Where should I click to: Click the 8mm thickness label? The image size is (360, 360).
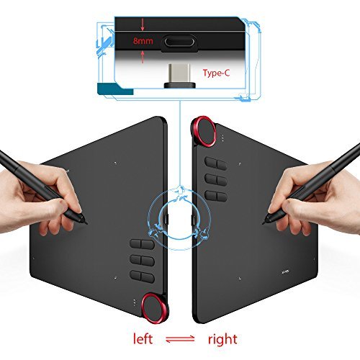tap(143, 41)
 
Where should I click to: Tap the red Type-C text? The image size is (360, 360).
tap(216, 73)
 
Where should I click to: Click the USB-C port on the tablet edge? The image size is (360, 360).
tap(179, 42)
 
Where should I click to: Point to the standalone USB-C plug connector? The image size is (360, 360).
tap(179, 76)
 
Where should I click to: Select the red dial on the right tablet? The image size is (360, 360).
tap(204, 131)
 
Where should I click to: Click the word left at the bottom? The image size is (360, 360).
tap(143, 339)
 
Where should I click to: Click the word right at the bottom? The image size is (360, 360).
tap(222, 340)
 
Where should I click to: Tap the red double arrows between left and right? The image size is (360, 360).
tap(180, 339)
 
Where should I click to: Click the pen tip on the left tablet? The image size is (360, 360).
tap(87, 224)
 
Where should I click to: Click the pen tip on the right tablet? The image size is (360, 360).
tap(264, 223)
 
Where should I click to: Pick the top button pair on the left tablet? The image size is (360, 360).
tap(142, 244)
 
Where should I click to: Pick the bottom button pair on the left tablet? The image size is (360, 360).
tap(142, 276)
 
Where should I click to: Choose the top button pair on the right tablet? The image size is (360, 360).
tap(216, 163)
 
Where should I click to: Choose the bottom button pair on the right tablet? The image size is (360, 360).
tap(216, 196)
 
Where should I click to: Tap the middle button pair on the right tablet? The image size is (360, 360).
tap(216, 180)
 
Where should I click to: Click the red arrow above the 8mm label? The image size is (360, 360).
tap(143, 24)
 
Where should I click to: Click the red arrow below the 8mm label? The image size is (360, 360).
tap(143, 57)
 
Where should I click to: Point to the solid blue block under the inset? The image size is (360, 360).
tap(114, 89)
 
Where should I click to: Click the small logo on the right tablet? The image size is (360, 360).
tap(285, 272)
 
